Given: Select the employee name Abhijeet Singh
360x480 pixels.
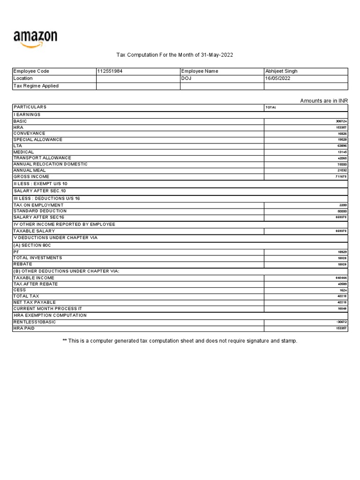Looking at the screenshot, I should pyautogui.click(x=281, y=71).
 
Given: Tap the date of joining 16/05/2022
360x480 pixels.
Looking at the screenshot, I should pyautogui.click(x=278, y=79).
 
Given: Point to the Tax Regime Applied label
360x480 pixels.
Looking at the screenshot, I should pyautogui.click(x=36, y=86).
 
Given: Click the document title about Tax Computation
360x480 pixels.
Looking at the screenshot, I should pyautogui.click(x=174, y=55).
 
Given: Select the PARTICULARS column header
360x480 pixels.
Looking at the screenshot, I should pyautogui.click(x=30, y=107).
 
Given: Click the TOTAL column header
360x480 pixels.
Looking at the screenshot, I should pyautogui.click(x=271, y=107).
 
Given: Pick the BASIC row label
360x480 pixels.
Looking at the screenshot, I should pyautogui.click(x=20, y=121).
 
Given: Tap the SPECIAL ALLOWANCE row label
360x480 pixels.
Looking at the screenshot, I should pyautogui.click(x=37, y=140).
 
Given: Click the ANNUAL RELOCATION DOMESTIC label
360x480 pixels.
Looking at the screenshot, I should pyautogui.click(x=50, y=164).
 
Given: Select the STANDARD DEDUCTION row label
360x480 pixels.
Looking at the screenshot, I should pyautogui.click(x=40, y=211).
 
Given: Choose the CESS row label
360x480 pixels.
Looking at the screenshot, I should pyautogui.click(x=20, y=290).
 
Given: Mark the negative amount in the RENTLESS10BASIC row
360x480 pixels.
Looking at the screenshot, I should pyautogui.click(x=341, y=322).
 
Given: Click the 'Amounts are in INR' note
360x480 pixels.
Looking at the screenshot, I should pyautogui.click(x=324, y=101).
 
